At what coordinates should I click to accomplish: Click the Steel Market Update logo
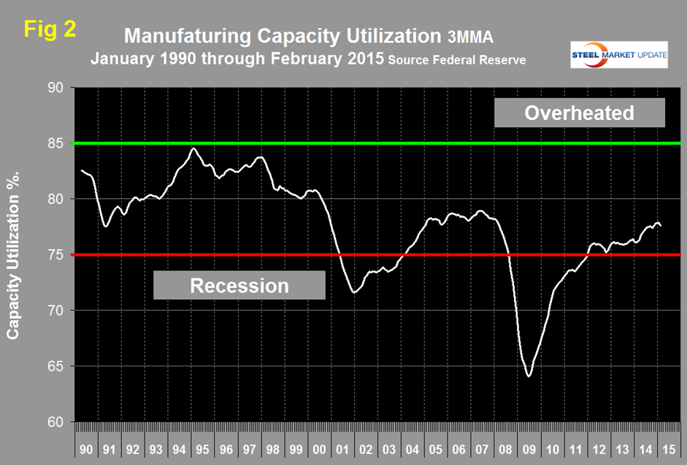click(x=618, y=55)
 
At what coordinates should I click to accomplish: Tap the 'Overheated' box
click(x=579, y=113)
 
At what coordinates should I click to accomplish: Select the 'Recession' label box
click(x=239, y=284)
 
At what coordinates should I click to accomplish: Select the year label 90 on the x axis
click(x=87, y=444)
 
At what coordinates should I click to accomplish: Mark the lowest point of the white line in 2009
click(x=529, y=376)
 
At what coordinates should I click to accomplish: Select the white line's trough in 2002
click(x=354, y=292)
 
